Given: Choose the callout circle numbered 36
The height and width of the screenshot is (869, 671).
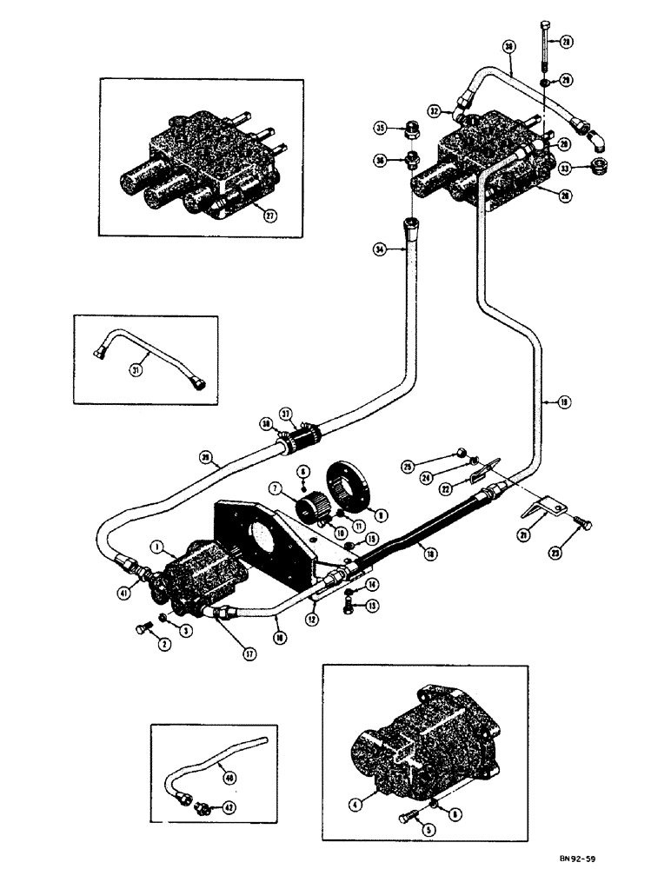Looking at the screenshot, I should (x=379, y=160).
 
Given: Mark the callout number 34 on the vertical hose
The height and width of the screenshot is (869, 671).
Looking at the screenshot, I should (x=380, y=250).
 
